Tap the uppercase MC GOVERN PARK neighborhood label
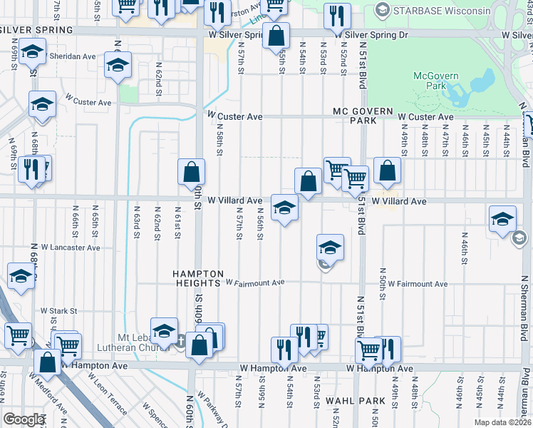[363, 116]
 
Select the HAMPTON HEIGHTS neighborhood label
[200, 278]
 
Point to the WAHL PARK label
[350, 401]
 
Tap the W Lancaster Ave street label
[70, 248]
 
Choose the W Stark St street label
[58, 311]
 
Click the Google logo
[23, 419]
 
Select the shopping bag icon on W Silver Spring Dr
[276, 36]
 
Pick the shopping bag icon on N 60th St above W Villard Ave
[192, 172]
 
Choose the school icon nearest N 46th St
[502, 219]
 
